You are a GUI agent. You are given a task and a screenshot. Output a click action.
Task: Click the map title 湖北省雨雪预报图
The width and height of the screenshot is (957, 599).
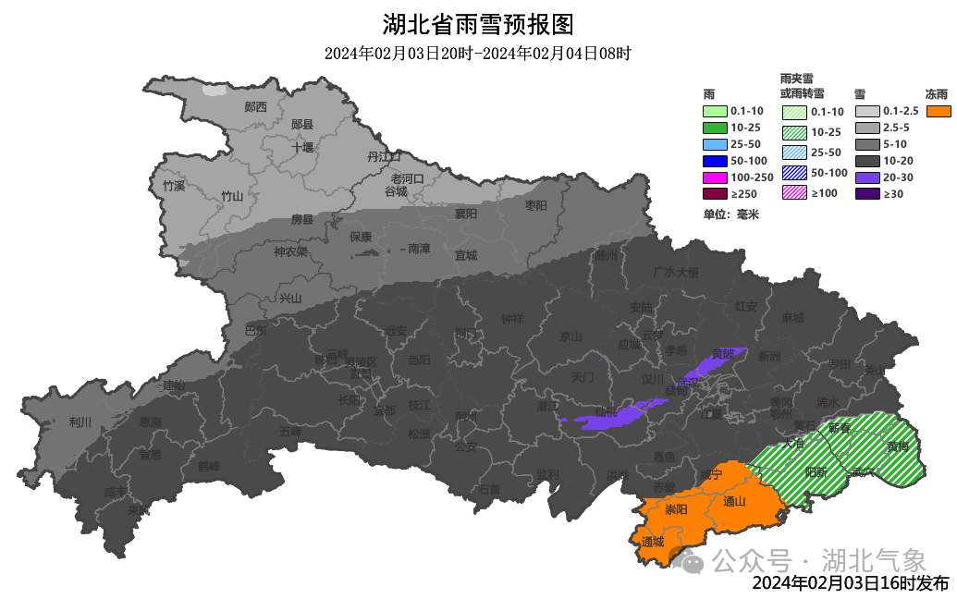(x=478, y=23)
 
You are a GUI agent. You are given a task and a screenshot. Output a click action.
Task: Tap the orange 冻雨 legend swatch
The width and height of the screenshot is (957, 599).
(x=939, y=111)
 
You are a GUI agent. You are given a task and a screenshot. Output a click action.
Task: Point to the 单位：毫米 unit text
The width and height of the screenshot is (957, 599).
(x=730, y=214)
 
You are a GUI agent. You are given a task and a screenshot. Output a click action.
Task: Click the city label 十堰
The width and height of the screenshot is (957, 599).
(x=302, y=147)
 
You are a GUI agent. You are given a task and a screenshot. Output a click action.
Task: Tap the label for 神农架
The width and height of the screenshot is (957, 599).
(x=290, y=251)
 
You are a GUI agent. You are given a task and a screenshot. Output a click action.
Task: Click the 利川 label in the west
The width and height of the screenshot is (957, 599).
(x=80, y=422)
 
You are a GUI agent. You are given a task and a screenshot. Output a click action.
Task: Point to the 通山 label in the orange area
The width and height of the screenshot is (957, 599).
(x=734, y=502)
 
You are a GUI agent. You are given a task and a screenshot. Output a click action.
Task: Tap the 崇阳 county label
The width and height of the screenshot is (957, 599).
(x=677, y=509)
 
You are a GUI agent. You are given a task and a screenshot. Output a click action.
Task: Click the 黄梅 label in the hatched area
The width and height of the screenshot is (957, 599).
(x=897, y=446)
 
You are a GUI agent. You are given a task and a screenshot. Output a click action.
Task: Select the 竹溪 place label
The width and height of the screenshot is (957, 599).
(x=174, y=186)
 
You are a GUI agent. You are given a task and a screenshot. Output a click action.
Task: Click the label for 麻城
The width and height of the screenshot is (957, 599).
(x=792, y=317)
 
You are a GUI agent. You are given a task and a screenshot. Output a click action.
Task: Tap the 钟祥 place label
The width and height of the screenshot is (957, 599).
(x=512, y=319)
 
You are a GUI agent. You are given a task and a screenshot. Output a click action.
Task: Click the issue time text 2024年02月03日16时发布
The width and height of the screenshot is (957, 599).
(x=850, y=583)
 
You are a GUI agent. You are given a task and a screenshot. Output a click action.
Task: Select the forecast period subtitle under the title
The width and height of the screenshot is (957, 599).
(x=477, y=54)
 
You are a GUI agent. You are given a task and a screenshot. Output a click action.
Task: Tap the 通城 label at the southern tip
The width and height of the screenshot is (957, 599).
(x=652, y=542)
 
